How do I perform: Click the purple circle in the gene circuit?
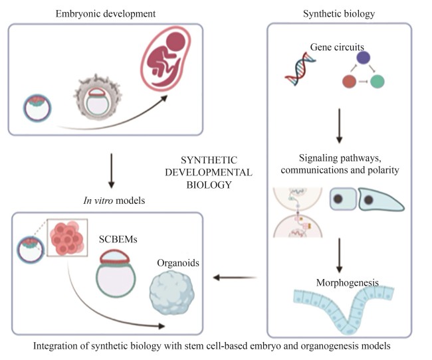[x=363, y=59]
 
